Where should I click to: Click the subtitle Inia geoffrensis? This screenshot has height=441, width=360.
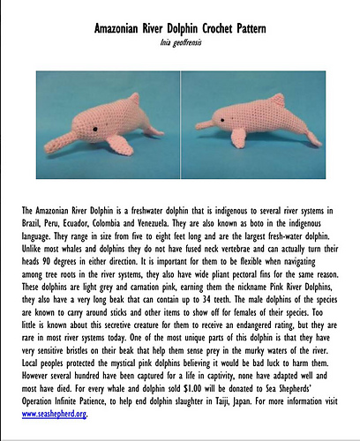[x=180, y=42]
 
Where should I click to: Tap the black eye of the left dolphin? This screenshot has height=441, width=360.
[x=92, y=126]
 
